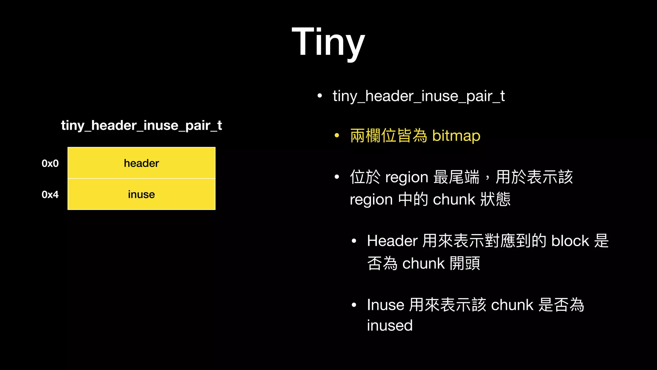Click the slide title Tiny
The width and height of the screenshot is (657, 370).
click(x=328, y=42)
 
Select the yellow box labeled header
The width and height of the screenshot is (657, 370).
click(x=141, y=163)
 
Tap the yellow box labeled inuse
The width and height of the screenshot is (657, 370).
click(x=141, y=194)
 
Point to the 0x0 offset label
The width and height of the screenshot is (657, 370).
click(x=50, y=163)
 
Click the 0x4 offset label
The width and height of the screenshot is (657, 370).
click(x=50, y=195)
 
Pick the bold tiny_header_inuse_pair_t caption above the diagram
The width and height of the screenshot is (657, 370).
click(x=141, y=125)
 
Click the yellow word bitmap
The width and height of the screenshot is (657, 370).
click(x=456, y=136)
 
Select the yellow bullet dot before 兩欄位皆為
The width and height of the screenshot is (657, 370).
click(x=337, y=136)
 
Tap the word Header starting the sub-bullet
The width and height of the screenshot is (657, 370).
click(x=392, y=241)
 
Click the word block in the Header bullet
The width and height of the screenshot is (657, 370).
click(x=570, y=241)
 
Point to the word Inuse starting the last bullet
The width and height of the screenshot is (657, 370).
click(x=386, y=305)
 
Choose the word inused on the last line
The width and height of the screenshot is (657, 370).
click(x=390, y=325)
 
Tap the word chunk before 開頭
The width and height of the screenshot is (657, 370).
click(x=423, y=264)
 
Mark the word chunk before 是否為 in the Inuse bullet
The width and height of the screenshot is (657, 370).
click(x=512, y=305)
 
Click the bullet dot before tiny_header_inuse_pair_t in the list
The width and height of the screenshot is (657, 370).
click(x=320, y=96)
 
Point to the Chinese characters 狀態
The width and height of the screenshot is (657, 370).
click(x=495, y=199)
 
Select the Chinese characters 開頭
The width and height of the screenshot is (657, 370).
click(x=465, y=264)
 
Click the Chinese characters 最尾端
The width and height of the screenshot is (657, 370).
click(x=456, y=177)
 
